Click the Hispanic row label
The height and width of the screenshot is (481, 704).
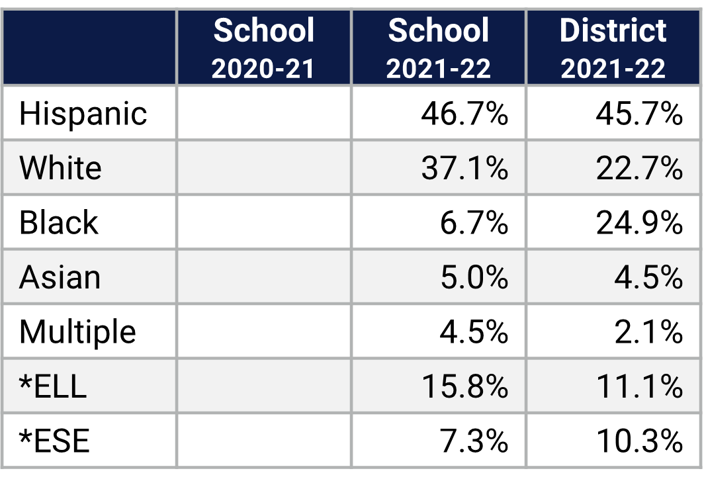[83, 114]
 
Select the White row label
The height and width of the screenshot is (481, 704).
[60, 168]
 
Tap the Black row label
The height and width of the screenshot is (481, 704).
[58, 222]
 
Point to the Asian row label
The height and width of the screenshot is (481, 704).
[60, 277]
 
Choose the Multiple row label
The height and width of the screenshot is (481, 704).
[77, 331]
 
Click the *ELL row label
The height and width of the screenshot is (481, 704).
[53, 386]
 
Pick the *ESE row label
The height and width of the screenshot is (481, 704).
[54, 441]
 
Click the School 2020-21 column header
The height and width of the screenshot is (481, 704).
[263, 48]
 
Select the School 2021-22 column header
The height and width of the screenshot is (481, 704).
[438, 48]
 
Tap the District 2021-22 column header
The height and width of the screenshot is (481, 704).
[613, 48]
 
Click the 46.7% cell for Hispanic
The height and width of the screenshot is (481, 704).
[464, 114]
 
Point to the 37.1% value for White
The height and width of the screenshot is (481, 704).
[464, 168]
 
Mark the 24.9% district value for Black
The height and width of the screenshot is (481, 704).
[639, 222]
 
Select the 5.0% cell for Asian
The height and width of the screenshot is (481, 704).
[474, 277]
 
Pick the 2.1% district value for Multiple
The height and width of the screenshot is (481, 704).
[648, 331]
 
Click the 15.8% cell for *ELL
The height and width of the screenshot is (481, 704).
[464, 386]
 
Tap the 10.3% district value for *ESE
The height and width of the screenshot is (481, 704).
[639, 441]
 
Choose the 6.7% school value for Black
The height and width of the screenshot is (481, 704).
[474, 222]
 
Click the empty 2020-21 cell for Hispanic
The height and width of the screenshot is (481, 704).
[263, 114]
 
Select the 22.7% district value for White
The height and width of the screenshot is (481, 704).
[639, 168]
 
